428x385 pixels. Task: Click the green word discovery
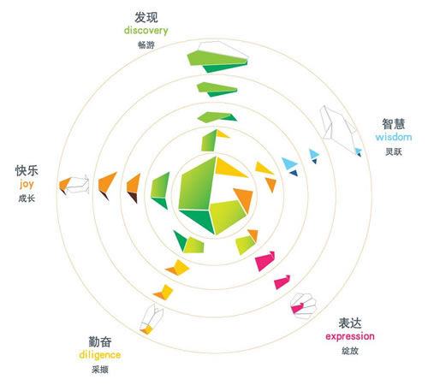point(146,31)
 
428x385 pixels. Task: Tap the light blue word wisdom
point(394,137)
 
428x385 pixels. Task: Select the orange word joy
point(27,184)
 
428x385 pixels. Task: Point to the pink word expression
point(350,336)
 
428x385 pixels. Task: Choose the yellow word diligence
point(100,355)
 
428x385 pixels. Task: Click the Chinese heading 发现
point(146,17)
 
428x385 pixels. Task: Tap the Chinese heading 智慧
point(394,124)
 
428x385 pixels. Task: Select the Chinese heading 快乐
point(27,171)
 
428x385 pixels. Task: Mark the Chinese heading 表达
point(350,323)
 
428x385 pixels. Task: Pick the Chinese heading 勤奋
point(100,341)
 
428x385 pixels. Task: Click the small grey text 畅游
point(146,44)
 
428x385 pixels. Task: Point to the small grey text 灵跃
point(394,151)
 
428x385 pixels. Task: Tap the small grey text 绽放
point(350,351)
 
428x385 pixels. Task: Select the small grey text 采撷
point(100,370)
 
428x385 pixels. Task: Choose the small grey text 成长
point(27,198)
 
